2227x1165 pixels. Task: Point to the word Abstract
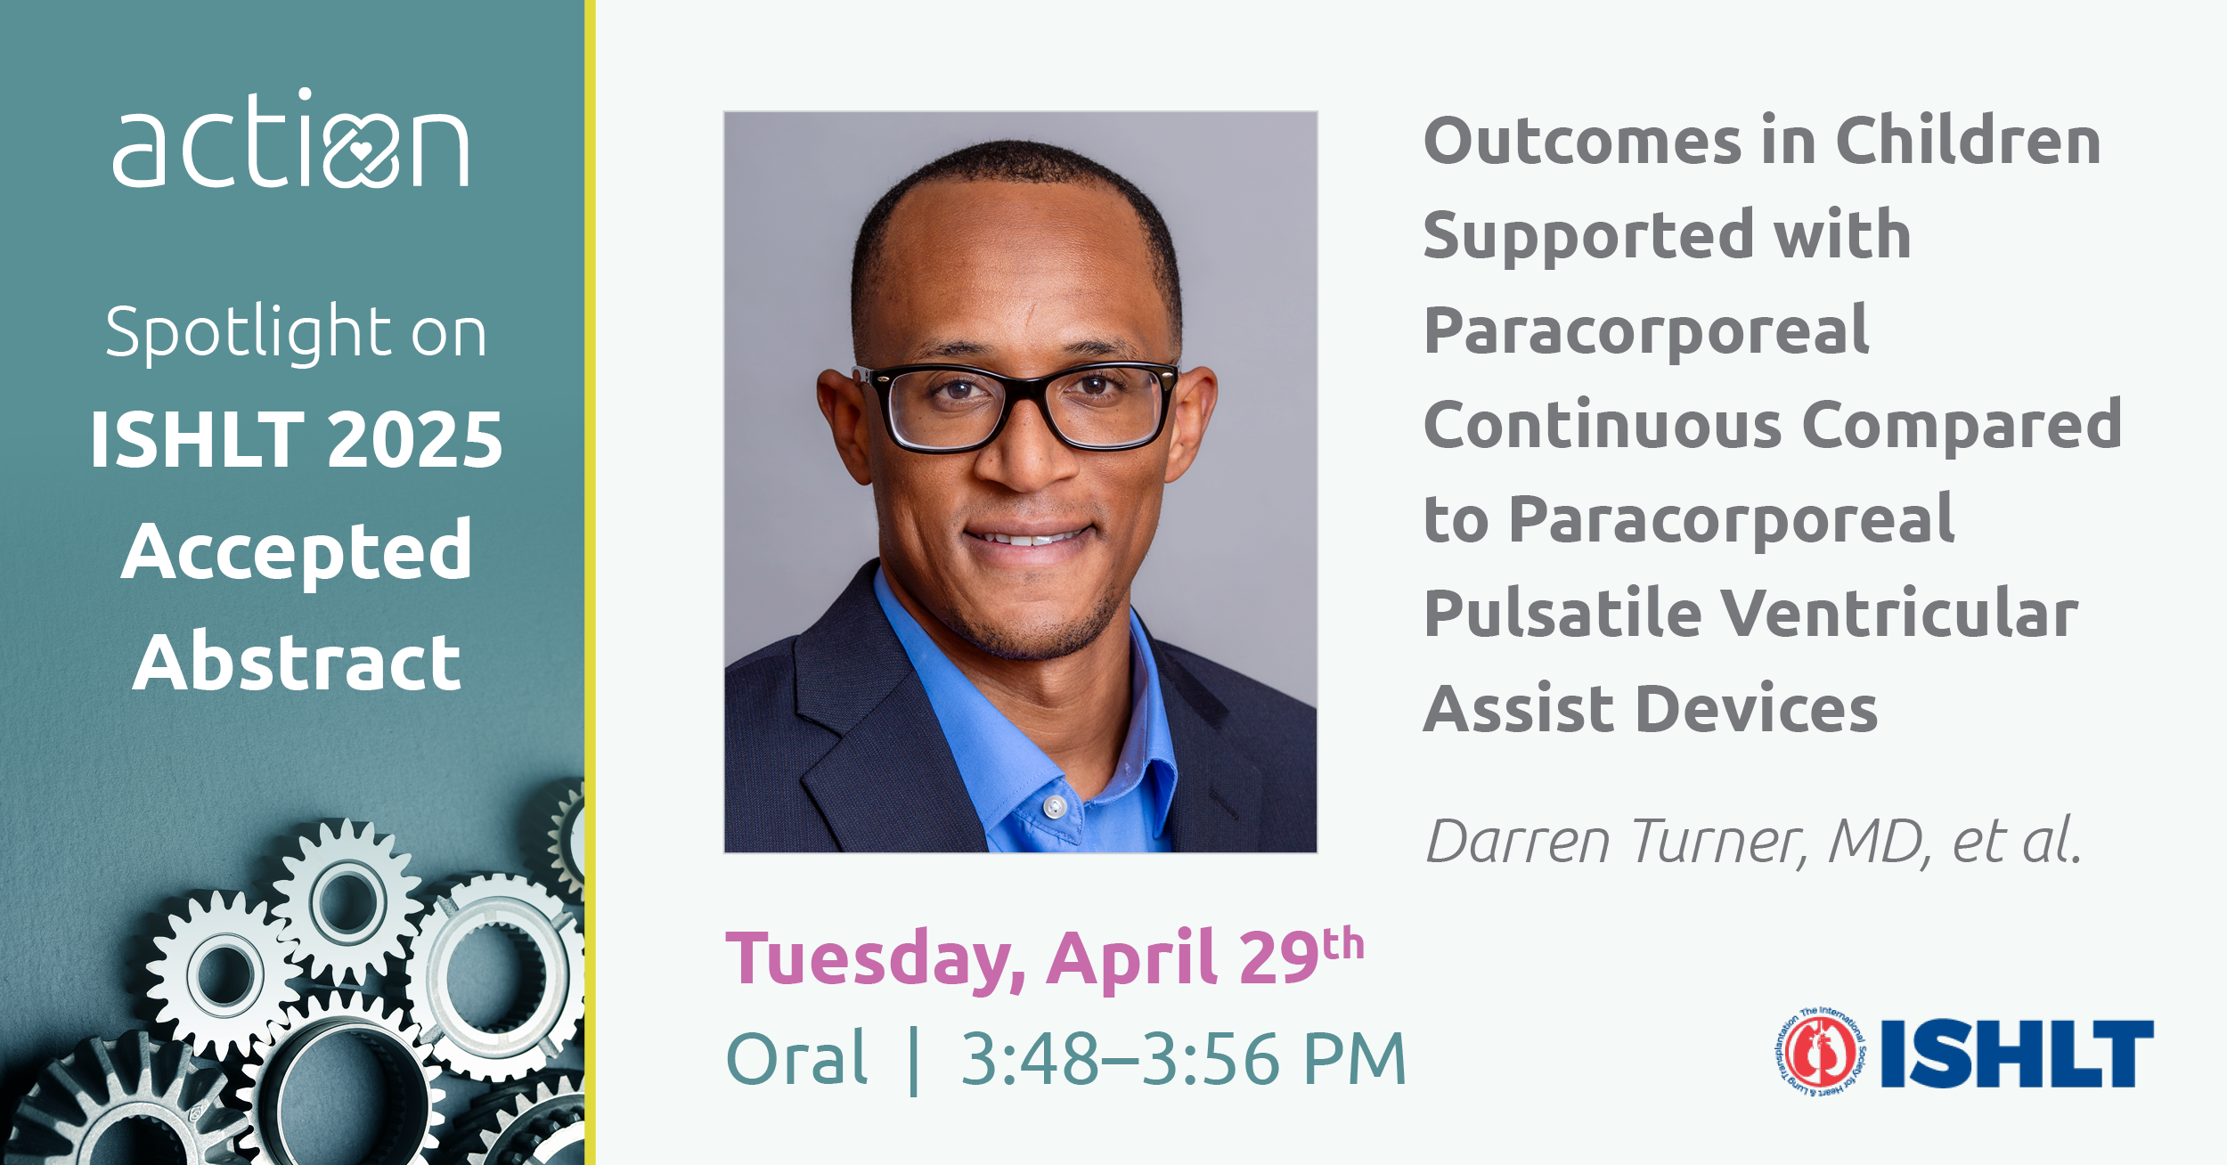point(297,662)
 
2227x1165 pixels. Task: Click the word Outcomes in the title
point(1582,142)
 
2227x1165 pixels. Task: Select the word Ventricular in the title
point(1899,614)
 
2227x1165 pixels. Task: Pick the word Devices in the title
point(1757,709)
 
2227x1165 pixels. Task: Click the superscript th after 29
point(1342,944)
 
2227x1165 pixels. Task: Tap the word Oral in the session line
point(796,1059)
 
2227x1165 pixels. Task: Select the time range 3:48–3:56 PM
point(1183,1060)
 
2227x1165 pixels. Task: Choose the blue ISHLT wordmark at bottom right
point(2017,1054)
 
